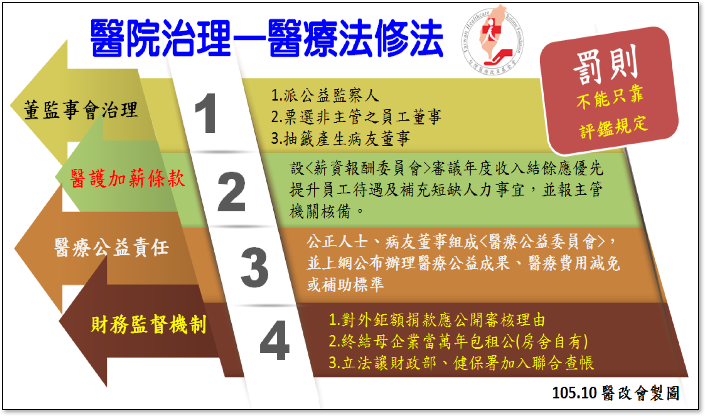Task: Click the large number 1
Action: pos(206,113)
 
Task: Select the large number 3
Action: pos(255,267)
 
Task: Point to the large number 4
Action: pos(275,340)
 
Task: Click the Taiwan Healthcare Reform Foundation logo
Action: pos(493,40)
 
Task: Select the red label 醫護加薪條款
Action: pos(127,178)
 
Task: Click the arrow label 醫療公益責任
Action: pos(112,247)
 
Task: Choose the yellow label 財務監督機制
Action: pos(148,324)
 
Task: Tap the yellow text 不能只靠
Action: pos(610,97)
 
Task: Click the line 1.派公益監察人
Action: pos(325,95)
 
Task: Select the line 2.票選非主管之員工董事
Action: pos(356,117)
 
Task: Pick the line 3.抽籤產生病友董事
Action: pos(341,138)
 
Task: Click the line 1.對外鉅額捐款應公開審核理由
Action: pos(437,320)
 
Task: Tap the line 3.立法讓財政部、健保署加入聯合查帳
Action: pos(461,363)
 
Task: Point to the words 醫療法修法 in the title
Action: pos(356,38)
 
